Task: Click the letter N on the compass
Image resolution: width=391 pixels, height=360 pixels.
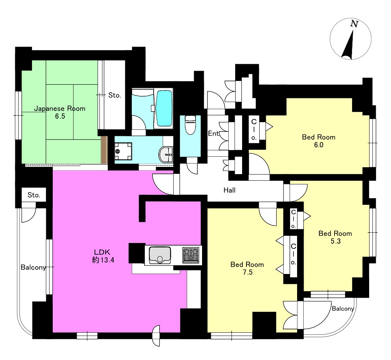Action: (354, 24)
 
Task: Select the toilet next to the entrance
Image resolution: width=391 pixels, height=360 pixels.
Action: (190, 124)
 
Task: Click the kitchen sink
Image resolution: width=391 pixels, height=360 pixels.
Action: (160, 255)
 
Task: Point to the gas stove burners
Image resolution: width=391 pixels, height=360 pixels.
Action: (191, 255)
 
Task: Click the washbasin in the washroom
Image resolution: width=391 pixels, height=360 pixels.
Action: (166, 155)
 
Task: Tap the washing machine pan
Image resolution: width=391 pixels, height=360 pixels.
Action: (123, 151)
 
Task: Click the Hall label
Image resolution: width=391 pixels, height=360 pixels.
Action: (229, 190)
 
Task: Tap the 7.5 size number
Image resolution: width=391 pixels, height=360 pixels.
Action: (248, 273)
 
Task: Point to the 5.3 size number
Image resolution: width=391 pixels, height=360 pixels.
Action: (336, 241)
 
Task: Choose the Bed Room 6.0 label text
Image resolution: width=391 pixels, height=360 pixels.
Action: (319, 141)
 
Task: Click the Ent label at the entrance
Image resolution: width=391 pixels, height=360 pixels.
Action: (213, 134)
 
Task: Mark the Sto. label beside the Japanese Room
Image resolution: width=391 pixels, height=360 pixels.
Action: (115, 95)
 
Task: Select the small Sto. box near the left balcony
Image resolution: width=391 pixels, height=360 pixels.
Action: (34, 195)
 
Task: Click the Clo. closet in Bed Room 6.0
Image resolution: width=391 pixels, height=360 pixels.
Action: (254, 129)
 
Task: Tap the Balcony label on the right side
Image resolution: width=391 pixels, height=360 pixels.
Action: (343, 309)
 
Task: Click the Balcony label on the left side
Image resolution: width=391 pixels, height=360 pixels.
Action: (33, 267)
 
